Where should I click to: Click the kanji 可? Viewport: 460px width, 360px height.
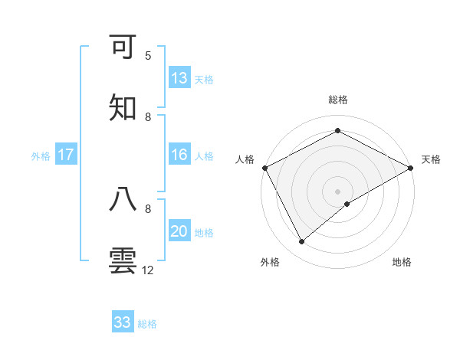[123, 47]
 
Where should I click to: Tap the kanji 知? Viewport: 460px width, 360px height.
[123, 108]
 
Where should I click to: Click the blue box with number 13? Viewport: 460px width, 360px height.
[179, 78]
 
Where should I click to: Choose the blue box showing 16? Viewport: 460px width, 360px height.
[179, 155]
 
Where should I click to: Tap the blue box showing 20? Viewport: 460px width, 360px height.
[179, 231]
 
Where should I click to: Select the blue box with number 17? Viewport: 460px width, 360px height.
[66, 155]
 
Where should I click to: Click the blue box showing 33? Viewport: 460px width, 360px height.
[123, 322]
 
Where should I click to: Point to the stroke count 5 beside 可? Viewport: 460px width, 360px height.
[148, 56]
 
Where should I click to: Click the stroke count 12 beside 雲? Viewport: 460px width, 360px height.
[148, 270]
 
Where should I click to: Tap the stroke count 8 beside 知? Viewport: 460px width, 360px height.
[148, 116]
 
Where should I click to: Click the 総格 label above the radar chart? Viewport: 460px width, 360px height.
[338, 100]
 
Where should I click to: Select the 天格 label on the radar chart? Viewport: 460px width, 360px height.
[431, 159]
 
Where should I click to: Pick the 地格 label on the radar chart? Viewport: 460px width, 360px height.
[402, 262]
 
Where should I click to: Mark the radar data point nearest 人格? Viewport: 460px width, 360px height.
[264, 167]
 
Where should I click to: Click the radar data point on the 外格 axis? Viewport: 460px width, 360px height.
[302, 242]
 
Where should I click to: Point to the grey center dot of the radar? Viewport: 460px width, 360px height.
[338, 191]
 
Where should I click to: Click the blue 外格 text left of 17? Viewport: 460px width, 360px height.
[41, 155]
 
